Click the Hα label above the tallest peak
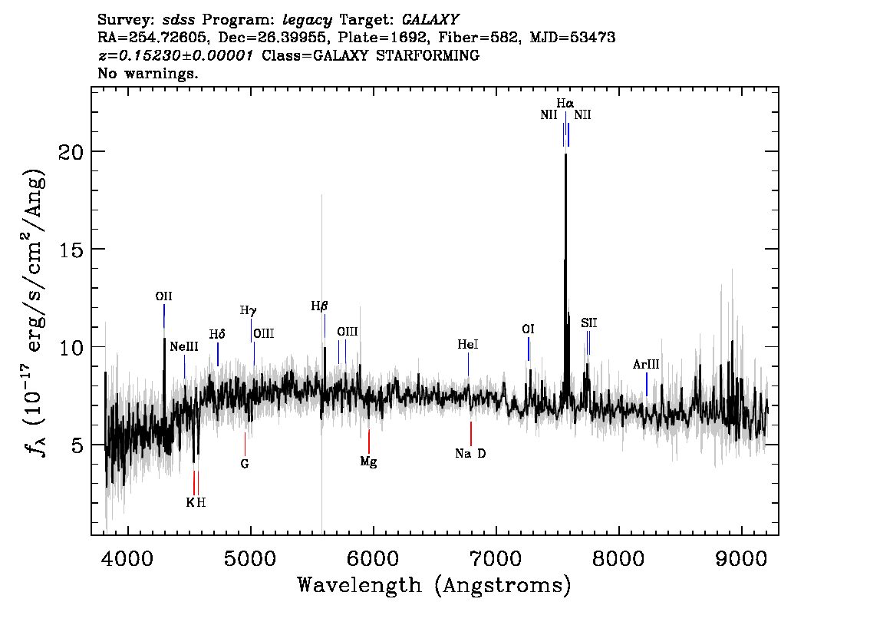[565, 104]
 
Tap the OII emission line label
[163, 296]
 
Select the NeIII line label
[184, 346]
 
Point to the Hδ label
[217, 334]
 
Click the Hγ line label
[248, 310]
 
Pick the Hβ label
[319, 306]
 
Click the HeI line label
[468, 344]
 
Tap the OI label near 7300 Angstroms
[528, 329]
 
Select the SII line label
[589, 323]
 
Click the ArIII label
[647, 364]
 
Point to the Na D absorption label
[470, 454]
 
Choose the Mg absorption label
[368, 462]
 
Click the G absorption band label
[245, 464]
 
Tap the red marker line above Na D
[471, 433]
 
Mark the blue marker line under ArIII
[647, 384]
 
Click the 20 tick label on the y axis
[71, 151]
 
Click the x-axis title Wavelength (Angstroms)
[434, 585]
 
